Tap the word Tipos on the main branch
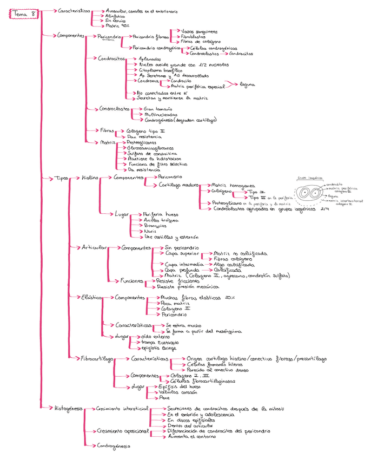click(x=62, y=178)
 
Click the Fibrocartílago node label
click(x=97, y=358)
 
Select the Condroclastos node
click(x=114, y=109)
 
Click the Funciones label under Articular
click(x=132, y=281)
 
